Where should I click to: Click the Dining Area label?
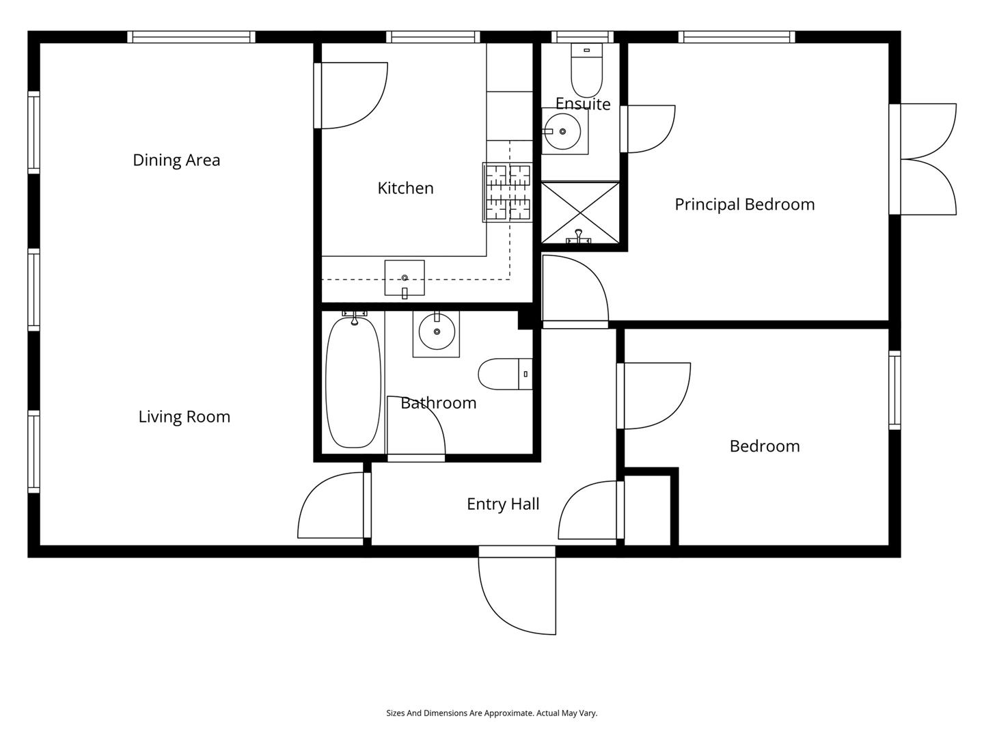point(176,160)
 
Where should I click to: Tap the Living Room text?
point(184,417)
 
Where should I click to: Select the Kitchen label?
point(405,188)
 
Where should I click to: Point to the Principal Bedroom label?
point(744,204)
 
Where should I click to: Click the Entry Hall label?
point(502,504)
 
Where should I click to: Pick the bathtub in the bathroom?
point(353,382)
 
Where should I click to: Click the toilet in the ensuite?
point(586,70)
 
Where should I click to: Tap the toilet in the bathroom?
point(505,374)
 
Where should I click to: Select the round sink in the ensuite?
point(562,131)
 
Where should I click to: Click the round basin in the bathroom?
point(437,331)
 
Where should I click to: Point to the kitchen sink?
point(405,278)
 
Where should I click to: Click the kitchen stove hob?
point(508,192)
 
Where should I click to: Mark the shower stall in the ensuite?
point(581,213)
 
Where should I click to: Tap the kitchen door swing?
point(351,96)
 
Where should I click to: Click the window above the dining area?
point(191,37)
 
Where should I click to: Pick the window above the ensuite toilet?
point(582,37)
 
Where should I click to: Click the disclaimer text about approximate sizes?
point(492,713)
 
